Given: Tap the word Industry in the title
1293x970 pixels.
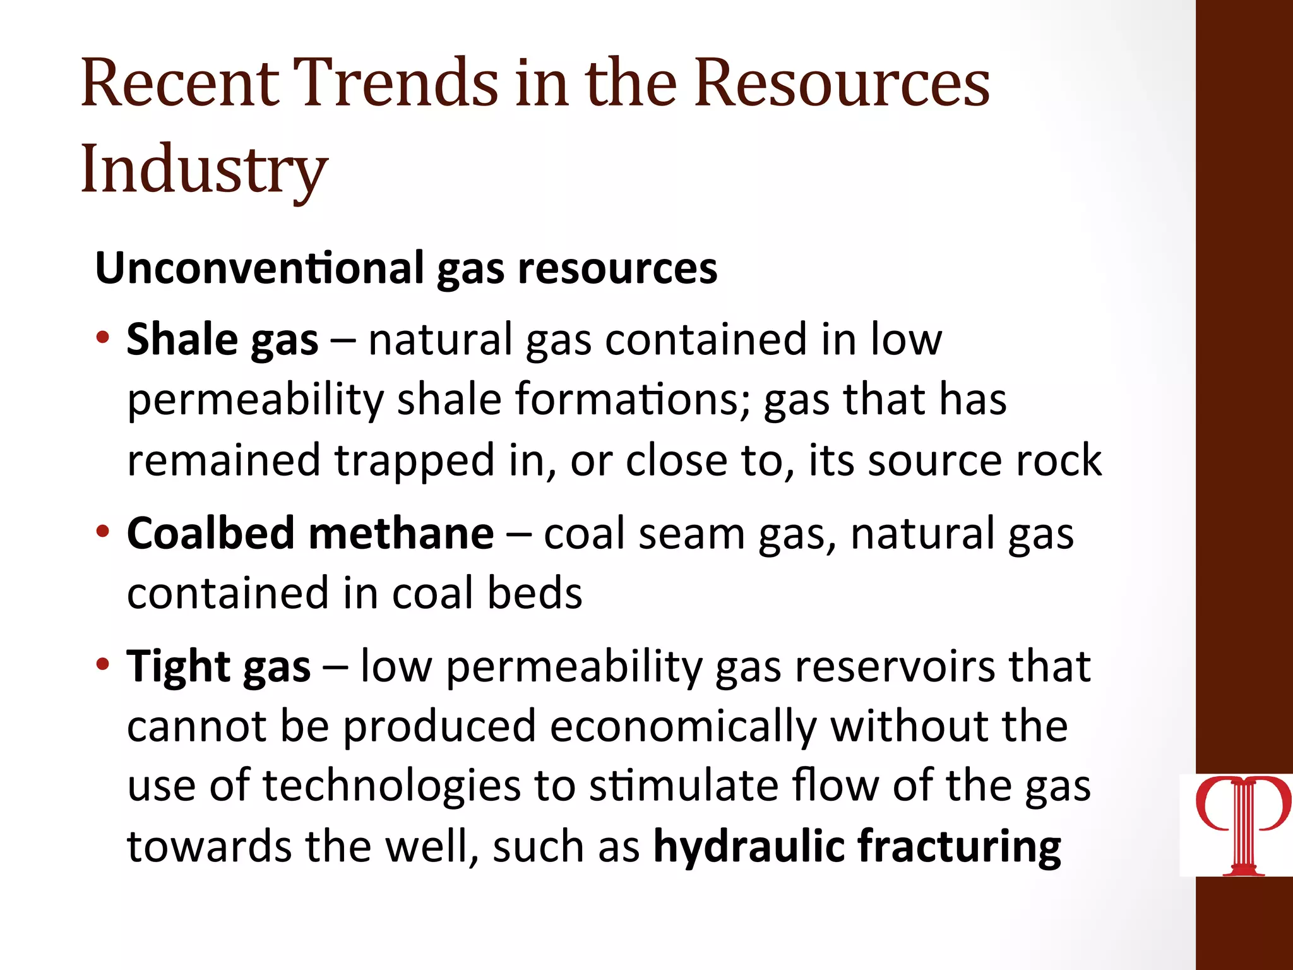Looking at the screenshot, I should tap(204, 169).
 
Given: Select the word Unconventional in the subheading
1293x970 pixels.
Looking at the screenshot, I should tap(259, 268).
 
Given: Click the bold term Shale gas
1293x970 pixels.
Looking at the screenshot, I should tap(222, 340).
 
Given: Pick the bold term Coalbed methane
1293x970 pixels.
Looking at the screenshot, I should tap(310, 534).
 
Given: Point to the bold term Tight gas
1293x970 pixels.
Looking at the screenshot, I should tap(218, 667).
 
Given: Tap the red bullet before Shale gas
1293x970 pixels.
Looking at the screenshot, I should tap(103, 337).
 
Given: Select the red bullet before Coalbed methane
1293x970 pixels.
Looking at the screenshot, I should tap(103, 530).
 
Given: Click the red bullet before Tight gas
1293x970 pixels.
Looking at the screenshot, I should tap(103, 664).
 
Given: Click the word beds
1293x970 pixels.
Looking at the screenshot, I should tap(535, 594).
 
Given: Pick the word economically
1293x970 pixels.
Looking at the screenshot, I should tap(683, 727).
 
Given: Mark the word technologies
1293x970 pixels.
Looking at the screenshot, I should tap(391, 786).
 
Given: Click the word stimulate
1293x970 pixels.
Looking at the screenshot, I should tap(683, 786).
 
